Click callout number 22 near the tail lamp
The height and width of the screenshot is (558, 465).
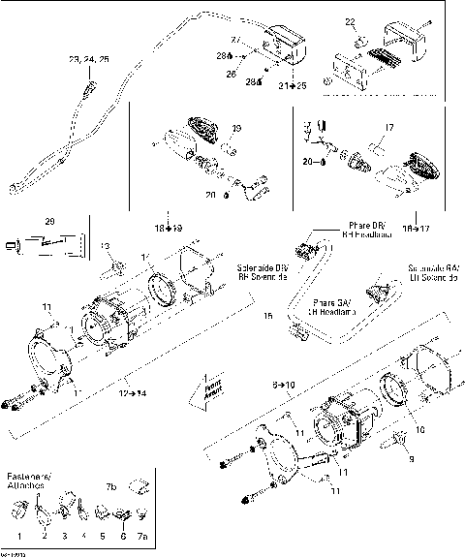tap(350, 21)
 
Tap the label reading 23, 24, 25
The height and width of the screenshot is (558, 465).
tap(88, 60)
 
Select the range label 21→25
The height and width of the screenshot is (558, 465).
tap(292, 86)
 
